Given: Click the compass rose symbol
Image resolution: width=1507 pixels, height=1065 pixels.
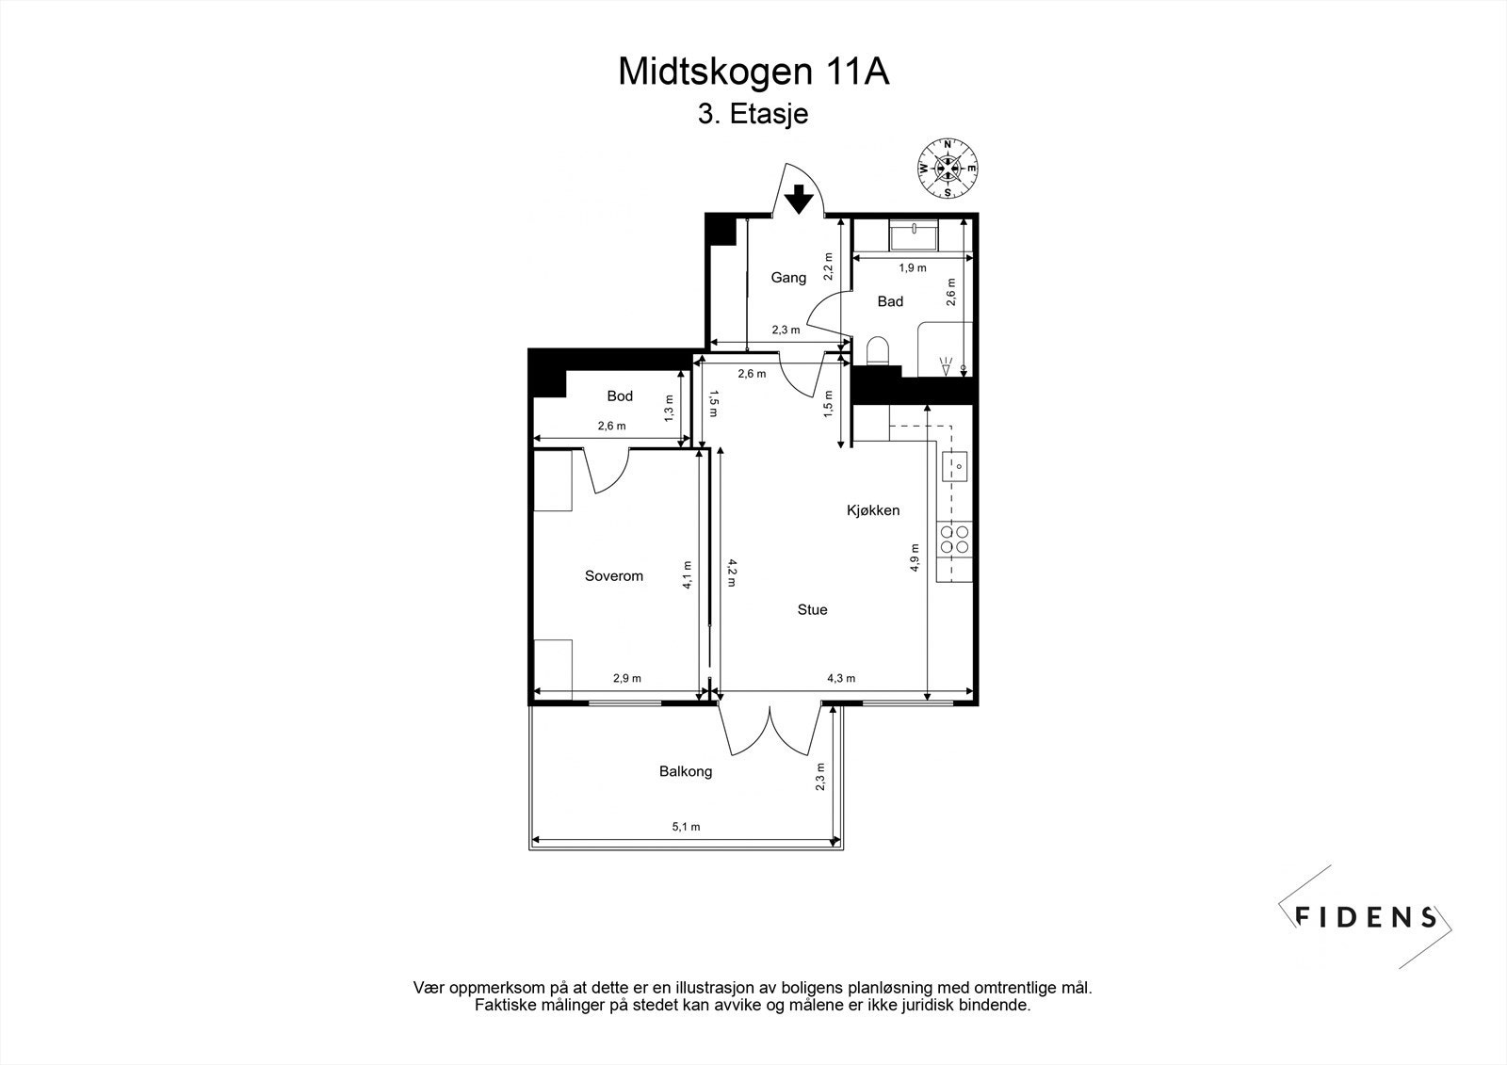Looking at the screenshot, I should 948,169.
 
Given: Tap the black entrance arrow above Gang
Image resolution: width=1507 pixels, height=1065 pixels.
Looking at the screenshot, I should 799,200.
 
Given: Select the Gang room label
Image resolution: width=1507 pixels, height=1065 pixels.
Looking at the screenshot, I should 788,278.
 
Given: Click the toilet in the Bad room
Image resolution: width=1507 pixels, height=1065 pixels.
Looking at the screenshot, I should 877,351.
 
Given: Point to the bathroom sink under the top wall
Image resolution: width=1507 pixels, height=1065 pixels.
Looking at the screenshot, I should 913,234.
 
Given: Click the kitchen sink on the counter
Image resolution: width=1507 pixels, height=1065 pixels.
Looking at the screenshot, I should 955,464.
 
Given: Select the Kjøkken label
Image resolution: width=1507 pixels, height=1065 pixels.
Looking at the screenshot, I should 873,510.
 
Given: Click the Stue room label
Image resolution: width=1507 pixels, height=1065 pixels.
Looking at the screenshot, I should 812,610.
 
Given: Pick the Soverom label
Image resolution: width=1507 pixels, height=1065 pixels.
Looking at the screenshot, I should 614,576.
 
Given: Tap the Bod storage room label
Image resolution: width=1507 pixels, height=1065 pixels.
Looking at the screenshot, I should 620,396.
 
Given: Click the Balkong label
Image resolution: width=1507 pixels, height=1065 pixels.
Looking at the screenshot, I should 685,771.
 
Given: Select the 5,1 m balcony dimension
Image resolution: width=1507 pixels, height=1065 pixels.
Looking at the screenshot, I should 686,828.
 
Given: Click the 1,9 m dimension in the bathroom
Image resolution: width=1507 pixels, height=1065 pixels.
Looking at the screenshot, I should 912,268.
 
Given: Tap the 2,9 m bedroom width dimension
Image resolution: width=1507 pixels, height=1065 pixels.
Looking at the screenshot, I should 627,679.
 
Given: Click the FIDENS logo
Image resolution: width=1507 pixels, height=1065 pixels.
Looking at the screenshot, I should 1366,916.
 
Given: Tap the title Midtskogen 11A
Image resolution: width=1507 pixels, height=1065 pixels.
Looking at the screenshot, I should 753,73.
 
